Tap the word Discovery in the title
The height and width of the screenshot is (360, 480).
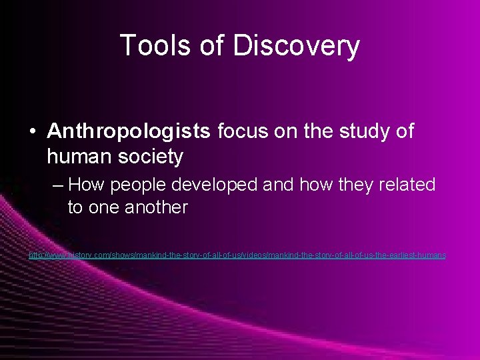298,46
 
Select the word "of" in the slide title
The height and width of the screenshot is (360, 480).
214,46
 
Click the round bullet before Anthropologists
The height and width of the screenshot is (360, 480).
33,131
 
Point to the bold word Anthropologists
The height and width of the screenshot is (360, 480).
129,131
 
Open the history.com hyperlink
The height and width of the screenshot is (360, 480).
237,255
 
